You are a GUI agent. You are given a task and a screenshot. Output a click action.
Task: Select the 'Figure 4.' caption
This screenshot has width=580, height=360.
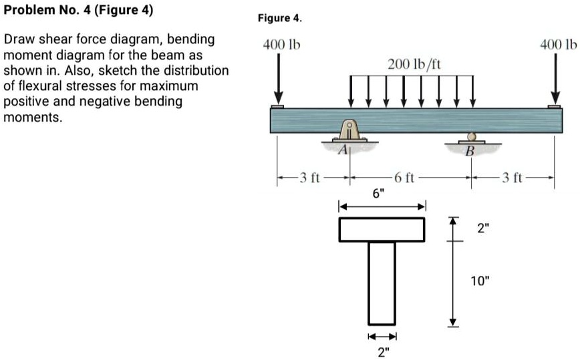280,19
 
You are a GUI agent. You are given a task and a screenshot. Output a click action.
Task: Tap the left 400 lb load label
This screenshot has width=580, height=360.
281,45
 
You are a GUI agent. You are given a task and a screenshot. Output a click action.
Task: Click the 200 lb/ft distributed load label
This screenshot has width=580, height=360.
414,64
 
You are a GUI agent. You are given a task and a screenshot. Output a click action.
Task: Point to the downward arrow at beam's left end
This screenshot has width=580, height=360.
278,79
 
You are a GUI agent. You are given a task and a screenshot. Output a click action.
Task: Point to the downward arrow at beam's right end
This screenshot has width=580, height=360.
555,79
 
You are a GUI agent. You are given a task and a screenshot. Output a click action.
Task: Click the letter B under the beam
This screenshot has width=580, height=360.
469,152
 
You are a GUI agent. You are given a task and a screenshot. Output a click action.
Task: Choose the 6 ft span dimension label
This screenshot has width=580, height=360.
405,178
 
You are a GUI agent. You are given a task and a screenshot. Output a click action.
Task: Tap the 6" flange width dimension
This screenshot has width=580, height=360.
379,194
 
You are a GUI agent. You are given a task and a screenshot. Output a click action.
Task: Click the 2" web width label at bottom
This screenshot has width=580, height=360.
382,352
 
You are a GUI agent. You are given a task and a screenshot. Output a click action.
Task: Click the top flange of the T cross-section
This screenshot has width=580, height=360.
382,229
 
